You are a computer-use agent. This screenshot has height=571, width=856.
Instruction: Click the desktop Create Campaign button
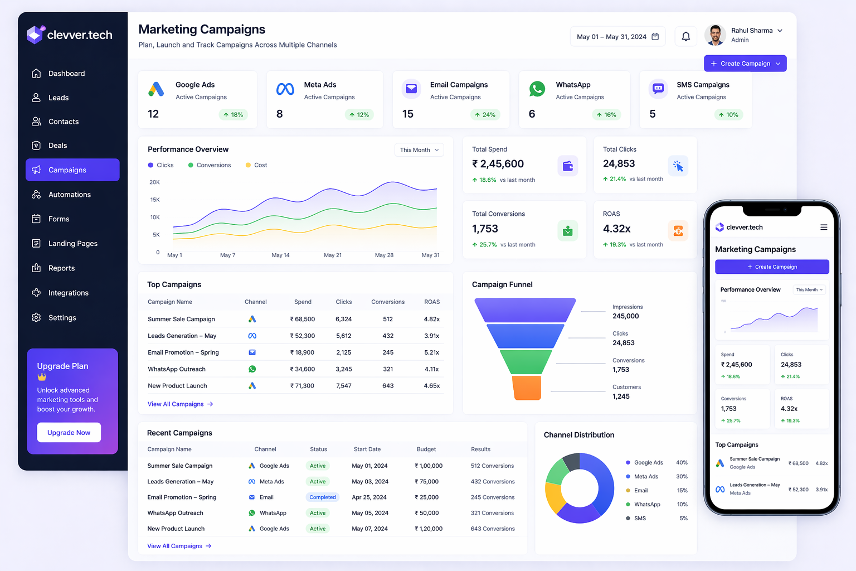[x=745, y=64]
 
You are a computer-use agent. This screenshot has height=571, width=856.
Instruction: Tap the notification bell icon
[x=686, y=36]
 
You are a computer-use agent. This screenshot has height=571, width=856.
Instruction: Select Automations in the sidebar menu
[x=69, y=195]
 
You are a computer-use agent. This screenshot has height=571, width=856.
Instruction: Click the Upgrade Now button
[x=69, y=433]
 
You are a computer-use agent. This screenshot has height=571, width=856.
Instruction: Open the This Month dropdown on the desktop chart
[x=419, y=150]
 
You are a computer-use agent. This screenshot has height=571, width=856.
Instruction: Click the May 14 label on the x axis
[x=280, y=255]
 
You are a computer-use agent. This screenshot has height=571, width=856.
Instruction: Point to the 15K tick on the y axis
[x=155, y=200]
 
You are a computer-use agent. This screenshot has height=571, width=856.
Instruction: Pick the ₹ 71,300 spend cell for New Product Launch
[x=302, y=386]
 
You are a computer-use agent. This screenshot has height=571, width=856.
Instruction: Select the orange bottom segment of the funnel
[x=527, y=388]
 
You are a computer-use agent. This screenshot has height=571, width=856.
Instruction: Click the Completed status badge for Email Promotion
[x=323, y=497]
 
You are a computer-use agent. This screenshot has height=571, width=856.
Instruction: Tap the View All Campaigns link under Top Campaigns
[x=180, y=404]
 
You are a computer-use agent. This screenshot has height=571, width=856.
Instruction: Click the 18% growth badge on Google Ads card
[x=234, y=115]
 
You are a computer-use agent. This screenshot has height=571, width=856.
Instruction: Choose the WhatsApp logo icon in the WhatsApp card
[x=537, y=89]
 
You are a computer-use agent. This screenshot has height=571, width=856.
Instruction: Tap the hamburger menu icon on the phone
[x=824, y=228]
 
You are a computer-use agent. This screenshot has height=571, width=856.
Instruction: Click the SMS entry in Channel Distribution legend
[x=640, y=519]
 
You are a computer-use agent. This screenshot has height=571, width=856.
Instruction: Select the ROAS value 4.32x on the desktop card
[x=617, y=229]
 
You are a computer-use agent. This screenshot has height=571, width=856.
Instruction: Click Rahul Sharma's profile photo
[x=715, y=35]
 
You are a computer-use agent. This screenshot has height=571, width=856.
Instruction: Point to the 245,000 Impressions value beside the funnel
[x=626, y=316]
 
